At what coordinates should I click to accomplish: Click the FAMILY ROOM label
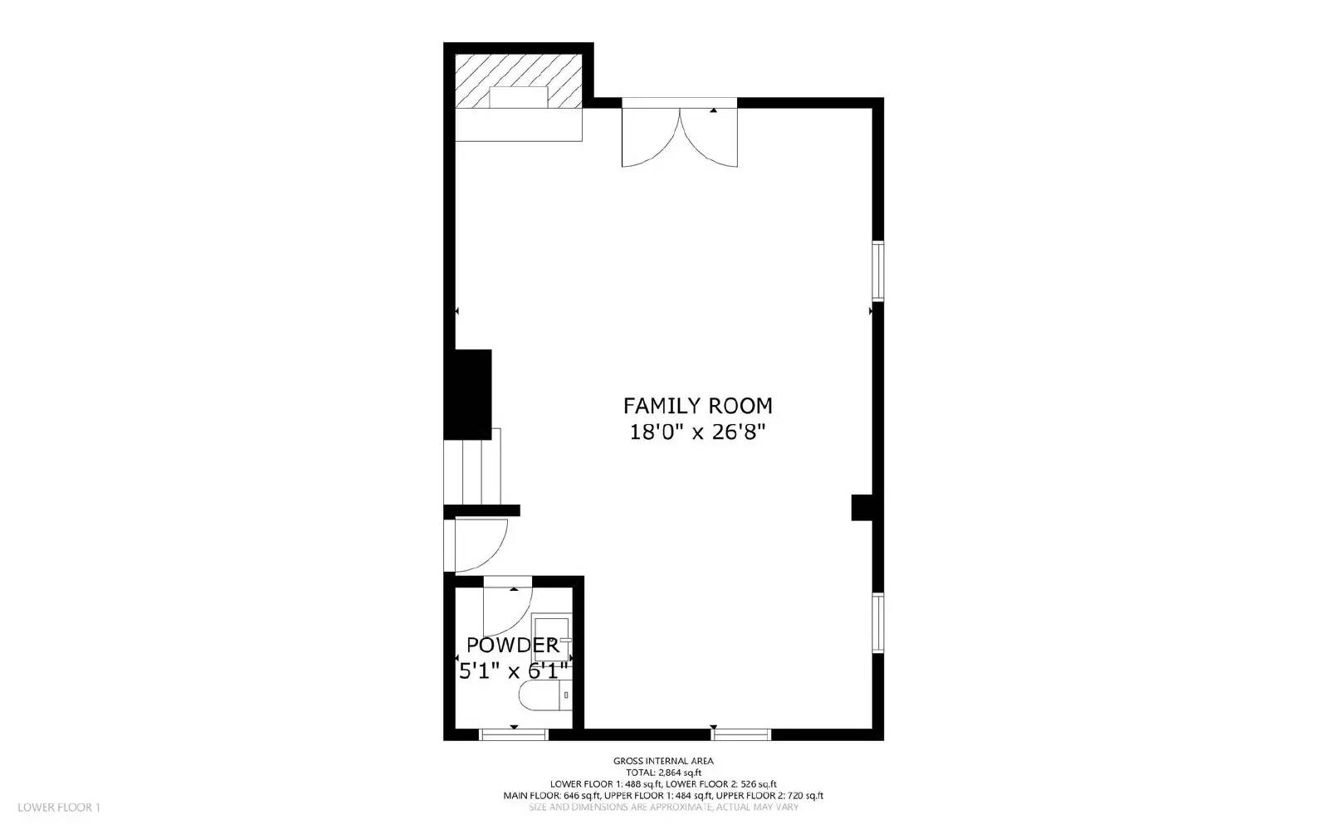point(697,406)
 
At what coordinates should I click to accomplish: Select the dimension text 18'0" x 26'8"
point(697,432)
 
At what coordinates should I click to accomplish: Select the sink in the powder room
point(550,635)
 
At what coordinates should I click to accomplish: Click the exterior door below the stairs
point(477,545)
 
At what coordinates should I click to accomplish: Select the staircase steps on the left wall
point(471,473)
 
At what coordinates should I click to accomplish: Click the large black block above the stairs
point(469,394)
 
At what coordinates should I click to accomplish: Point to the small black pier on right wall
point(861,508)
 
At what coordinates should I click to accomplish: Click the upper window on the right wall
point(877,271)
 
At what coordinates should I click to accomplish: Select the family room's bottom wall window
point(741,734)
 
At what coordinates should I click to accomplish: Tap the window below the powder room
point(514,734)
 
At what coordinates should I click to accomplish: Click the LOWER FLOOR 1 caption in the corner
point(58,807)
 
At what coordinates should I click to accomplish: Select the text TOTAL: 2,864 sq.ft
point(663,772)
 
